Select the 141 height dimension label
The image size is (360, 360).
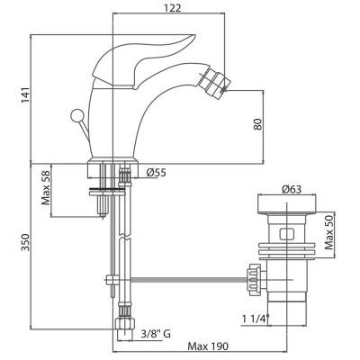25,95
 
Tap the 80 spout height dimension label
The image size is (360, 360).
257,124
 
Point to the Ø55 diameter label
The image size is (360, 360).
156,172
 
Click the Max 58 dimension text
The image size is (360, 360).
46,187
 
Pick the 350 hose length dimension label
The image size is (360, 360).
25,242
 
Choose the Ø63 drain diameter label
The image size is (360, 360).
292,190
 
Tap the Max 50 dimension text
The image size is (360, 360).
329,232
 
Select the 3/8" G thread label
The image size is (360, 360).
156,333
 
